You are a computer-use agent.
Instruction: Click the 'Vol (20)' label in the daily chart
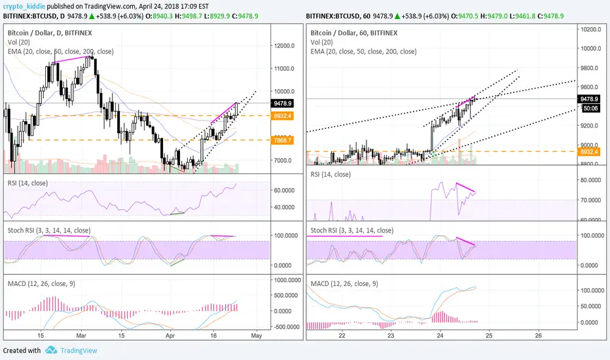coord(21,41)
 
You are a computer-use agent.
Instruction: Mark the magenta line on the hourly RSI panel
coord(466,188)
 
